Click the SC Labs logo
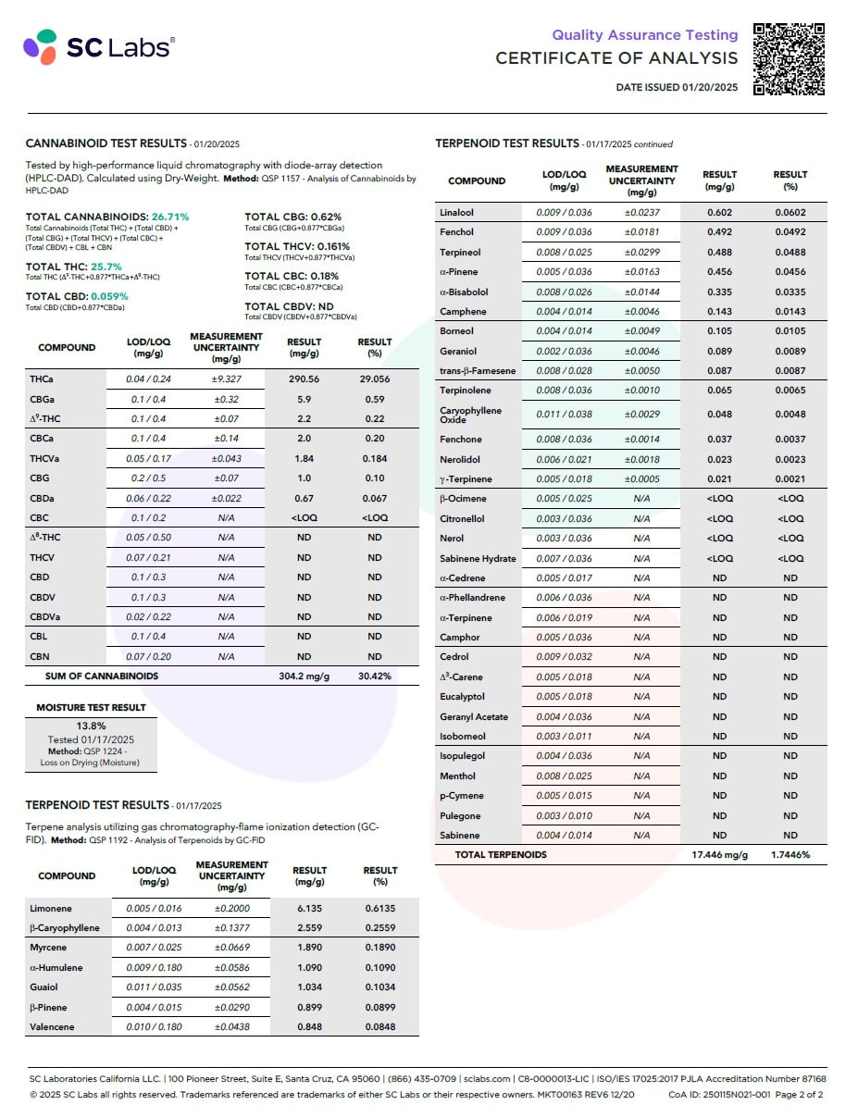(x=97, y=46)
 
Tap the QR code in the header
(x=789, y=58)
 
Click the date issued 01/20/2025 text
(x=677, y=88)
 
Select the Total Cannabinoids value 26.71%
(x=170, y=217)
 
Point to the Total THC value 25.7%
(x=106, y=267)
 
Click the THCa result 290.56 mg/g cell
(x=304, y=379)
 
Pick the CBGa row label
(x=40, y=400)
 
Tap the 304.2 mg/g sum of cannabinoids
(x=304, y=676)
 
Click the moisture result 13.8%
(x=90, y=726)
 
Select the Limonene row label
(x=50, y=909)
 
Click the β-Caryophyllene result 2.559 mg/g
(x=309, y=928)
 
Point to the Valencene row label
(x=52, y=1027)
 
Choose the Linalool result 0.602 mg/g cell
(x=719, y=213)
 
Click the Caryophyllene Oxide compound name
(x=470, y=415)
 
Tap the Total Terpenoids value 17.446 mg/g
(x=719, y=855)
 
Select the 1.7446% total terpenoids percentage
(x=790, y=855)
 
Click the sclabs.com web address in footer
(x=486, y=1079)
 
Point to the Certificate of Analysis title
(x=616, y=58)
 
